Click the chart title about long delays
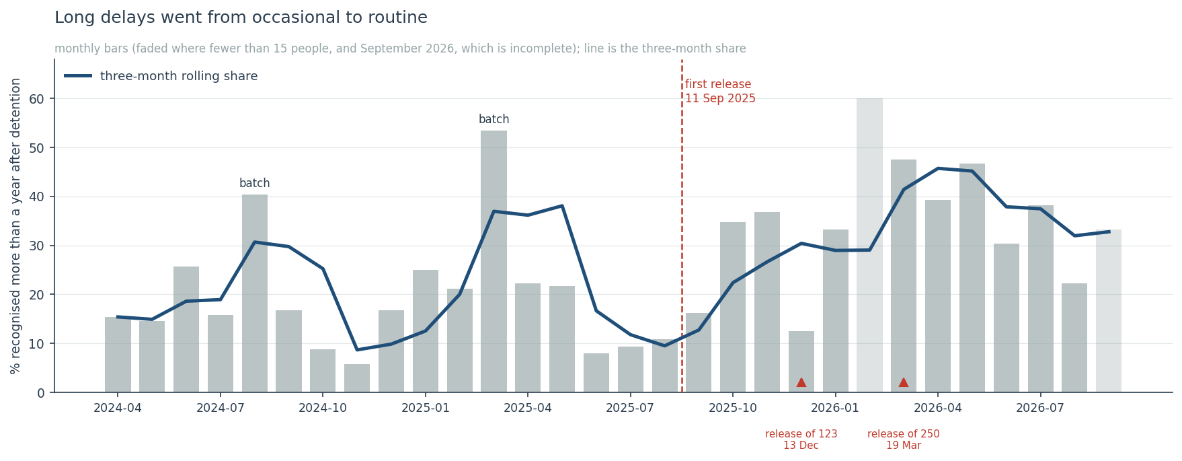pyautogui.click(x=241, y=18)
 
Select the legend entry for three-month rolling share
pyautogui.click(x=161, y=76)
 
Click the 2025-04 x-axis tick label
pyautogui.click(x=528, y=409)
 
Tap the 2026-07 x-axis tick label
pyautogui.click(x=1040, y=409)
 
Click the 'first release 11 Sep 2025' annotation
pyautogui.click(x=720, y=92)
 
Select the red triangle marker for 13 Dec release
pyautogui.click(x=801, y=382)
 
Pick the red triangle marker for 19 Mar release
pyautogui.click(x=904, y=382)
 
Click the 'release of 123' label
pyautogui.click(x=801, y=434)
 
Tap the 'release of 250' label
pyautogui.click(x=904, y=434)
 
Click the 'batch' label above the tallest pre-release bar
pyautogui.click(x=494, y=120)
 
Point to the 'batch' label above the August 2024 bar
pyautogui.click(x=255, y=184)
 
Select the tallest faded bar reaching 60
pyautogui.click(x=870, y=246)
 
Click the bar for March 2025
pyautogui.click(x=494, y=262)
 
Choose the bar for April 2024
pyautogui.click(x=118, y=355)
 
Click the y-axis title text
pyautogui.click(x=16, y=225)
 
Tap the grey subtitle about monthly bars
pyautogui.click(x=400, y=49)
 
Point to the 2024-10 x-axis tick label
pyautogui.click(x=323, y=409)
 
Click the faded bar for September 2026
pyautogui.click(x=1109, y=311)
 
